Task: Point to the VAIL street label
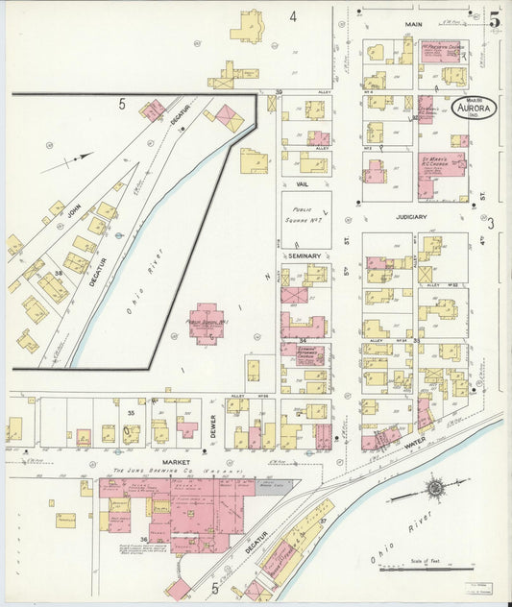click(x=302, y=180)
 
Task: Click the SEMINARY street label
click(x=304, y=255)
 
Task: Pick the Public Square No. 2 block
click(x=305, y=218)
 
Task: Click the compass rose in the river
click(x=435, y=489)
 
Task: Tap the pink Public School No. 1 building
click(x=207, y=326)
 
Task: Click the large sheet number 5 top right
click(x=494, y=18)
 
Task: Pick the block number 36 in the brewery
click(x=144, y=539)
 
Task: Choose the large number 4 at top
click(x=292, y=16)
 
